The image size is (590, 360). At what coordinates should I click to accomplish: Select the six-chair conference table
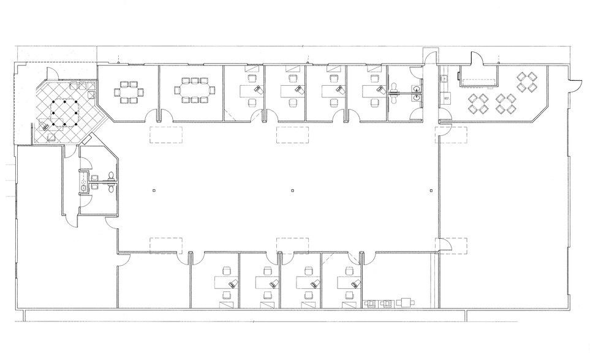pos(129,92)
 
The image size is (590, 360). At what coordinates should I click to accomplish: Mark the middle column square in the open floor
pos(292,190)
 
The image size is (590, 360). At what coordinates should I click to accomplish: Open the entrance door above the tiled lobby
pos(53,72)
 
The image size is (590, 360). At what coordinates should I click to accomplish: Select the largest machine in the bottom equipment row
pos(404,302)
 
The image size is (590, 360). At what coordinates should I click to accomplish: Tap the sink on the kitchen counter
pos(442,78)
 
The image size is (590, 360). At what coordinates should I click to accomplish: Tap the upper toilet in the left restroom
pos(111,175)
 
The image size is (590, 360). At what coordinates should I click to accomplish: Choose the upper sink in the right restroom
pos(417,88)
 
